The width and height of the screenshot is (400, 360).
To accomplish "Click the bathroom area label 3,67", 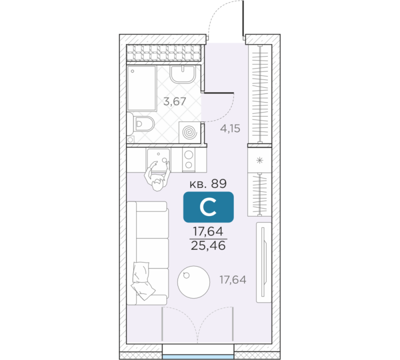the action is (174, 101).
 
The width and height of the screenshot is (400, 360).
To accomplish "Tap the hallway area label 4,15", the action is (230, 128).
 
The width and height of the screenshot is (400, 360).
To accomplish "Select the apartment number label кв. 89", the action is (208, 183).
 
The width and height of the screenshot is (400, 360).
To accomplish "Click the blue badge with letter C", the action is (208, 207).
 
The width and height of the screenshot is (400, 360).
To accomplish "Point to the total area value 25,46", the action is (208, 245).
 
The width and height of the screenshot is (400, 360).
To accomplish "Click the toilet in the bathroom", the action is (141, 124).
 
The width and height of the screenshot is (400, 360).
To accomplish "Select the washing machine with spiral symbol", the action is (189, 132).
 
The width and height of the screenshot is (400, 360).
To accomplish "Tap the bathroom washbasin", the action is (182, 74).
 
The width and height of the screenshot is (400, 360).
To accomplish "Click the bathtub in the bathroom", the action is (142, 88).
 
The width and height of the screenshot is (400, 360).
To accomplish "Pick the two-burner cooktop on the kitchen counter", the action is (189, 159).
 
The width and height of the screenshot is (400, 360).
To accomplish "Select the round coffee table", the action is (193, 282).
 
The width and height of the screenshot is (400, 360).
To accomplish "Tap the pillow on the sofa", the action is (142, 280).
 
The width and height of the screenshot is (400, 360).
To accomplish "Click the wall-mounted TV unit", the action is (264, 262).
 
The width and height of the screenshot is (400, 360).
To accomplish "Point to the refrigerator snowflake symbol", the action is (259, 160).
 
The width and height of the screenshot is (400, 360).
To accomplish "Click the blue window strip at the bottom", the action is (198, 356).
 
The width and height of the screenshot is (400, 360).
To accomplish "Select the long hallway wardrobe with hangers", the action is (259, 94).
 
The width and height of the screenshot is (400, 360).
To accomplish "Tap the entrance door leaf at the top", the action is (243, 18).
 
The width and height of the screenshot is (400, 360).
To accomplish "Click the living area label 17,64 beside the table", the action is (233, 280).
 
